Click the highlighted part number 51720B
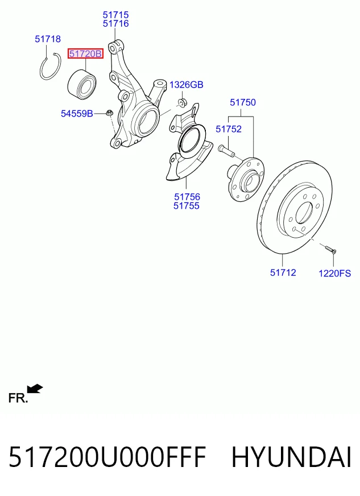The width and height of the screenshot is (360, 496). point(85,54)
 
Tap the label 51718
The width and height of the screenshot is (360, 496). point(48,39)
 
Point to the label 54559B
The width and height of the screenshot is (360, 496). point(77,113)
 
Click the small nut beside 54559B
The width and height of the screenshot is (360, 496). point(110,112)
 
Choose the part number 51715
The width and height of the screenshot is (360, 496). point(116,15)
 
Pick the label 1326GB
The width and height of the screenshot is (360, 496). point(187,85)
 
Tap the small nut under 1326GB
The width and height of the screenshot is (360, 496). point(182,102)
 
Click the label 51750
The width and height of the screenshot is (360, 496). point(243,102)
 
